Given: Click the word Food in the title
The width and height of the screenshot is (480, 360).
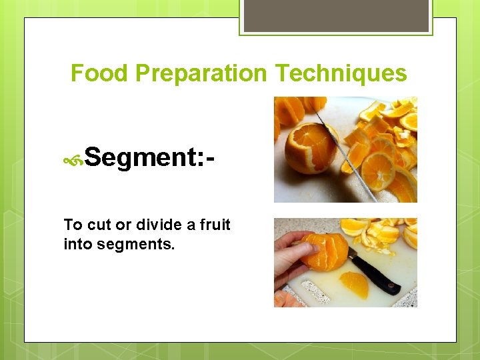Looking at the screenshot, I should coord(99,73).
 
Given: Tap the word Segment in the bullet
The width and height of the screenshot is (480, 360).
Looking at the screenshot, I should coord(138,158).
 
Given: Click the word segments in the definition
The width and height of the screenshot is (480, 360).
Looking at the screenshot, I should coord(136,244).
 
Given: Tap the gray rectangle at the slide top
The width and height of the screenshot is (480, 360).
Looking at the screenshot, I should coord(336,15).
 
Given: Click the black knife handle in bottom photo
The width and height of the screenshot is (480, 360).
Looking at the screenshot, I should coord(377,276).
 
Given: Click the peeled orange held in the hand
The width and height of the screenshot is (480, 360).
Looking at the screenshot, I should coord(327,250).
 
